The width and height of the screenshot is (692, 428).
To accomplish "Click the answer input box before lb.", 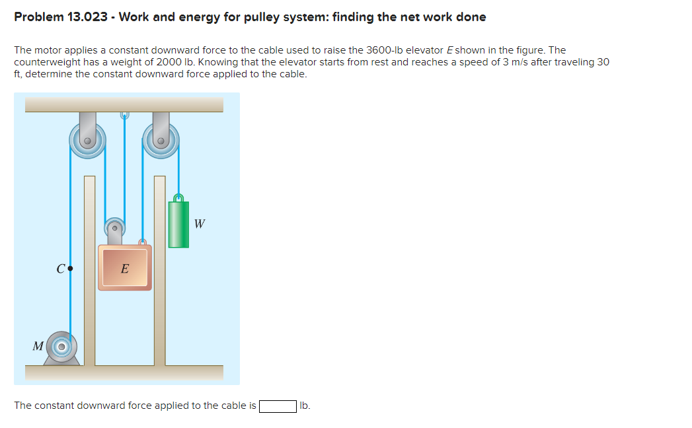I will [278, 406].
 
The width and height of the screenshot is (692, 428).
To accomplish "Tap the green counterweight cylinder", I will [178, 225].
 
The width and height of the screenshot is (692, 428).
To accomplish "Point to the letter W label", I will [200, 224].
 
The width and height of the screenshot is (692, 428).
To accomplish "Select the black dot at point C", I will [70, 269].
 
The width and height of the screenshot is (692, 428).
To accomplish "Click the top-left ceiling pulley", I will [87, 141].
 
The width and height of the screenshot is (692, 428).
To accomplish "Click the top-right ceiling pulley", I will [161, 141].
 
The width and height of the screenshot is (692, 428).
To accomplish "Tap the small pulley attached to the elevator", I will [115, 229].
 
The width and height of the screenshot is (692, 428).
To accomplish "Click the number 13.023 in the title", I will [88, 17].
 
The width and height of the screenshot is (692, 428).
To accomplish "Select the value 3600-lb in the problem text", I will [392, 50].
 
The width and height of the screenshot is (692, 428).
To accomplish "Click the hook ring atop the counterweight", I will [177, 197].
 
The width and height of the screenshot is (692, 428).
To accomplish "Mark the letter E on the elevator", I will [125, 269].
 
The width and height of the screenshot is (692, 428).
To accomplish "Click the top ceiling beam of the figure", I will [124, 104].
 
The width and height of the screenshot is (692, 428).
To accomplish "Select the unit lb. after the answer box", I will [305, 406].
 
